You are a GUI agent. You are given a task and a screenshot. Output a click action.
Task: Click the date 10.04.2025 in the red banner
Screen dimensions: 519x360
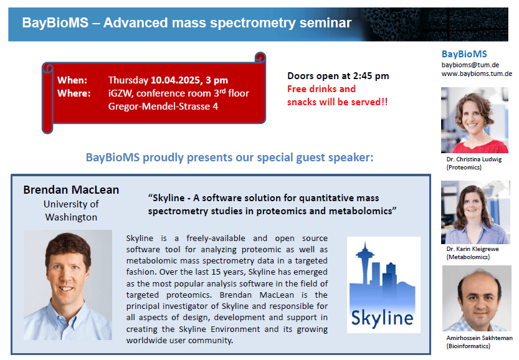[x=175, y=80]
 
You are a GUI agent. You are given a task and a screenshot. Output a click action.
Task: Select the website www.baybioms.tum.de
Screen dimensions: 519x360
[x=477, y=73]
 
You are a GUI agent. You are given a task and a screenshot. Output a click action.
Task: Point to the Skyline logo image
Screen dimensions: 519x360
[x=383, y=285]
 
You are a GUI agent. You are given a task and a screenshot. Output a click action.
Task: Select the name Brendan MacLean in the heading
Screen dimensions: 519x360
[x=71, y=190]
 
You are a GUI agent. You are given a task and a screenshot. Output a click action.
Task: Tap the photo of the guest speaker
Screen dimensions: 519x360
[x=68, y=285]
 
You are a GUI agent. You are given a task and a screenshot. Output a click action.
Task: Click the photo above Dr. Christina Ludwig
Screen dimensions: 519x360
[x=474, y=120]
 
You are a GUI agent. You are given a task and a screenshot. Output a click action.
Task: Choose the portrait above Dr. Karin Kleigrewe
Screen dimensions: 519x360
[x=475, y=212]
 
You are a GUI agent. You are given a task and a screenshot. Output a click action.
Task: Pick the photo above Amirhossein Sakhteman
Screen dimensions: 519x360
[x=477, y=298]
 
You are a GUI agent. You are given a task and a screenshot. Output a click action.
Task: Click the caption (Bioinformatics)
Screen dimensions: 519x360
[x=468, y=346]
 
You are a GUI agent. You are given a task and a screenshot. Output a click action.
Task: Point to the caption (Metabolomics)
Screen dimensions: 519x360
[x=468, y=257]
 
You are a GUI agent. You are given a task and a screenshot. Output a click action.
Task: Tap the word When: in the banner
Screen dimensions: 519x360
[x=72, y=80]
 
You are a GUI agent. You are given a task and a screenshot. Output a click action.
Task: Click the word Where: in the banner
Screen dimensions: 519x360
[x=74, y=93]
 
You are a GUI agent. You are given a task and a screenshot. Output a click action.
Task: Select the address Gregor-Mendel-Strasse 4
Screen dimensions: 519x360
[x=163, y=107]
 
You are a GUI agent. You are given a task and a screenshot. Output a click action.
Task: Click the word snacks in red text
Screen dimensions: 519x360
[x=302, y=102]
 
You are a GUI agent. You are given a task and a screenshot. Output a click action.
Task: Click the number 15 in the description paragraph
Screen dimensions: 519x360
[x=216, y=272]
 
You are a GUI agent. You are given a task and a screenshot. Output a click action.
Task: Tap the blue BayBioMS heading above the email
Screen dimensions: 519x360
[x=464, y=54]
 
